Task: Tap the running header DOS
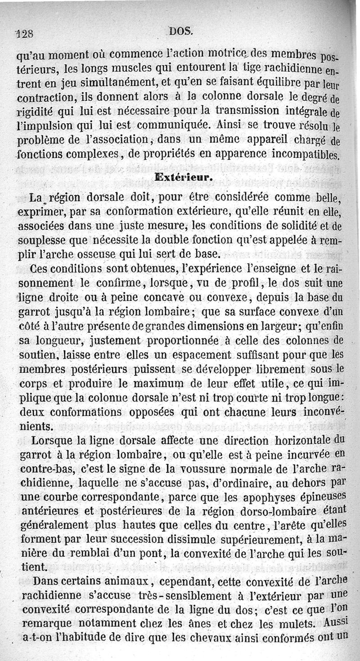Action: pyautogui.click(x=181, y=31)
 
